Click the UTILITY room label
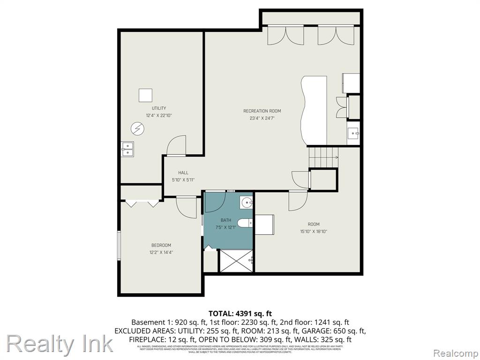158,108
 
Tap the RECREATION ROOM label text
262,111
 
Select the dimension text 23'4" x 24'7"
262,118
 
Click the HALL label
183,172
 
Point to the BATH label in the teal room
226,220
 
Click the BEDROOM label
161,245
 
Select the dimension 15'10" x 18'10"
314,231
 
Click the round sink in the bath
247,203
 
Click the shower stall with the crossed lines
237,261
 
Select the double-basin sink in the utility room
127,149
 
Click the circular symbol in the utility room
137,128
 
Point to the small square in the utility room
145,95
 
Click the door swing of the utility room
176,145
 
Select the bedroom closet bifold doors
141,204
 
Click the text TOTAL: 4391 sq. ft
240,314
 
